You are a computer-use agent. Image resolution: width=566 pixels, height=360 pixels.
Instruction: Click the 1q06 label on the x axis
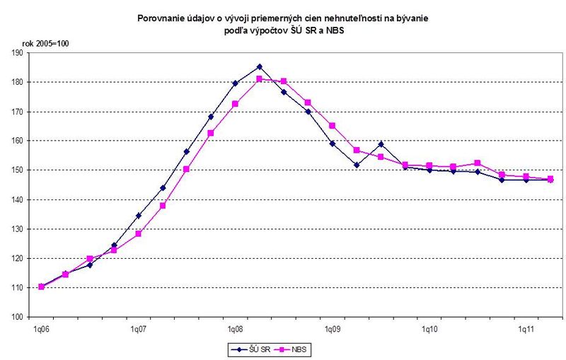click(x=41, y=330)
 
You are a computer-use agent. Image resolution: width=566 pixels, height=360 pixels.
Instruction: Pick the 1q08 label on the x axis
click(x=235, y=330)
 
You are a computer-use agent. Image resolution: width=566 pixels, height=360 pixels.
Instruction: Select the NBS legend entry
click(x=296, y=349)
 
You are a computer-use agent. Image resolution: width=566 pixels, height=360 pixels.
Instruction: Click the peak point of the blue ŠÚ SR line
click(x=260, y=66)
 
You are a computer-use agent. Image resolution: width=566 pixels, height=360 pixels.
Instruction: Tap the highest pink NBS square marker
click(x=260, y=79)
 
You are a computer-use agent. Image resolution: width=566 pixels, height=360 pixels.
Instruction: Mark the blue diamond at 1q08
click(x=235, y=83)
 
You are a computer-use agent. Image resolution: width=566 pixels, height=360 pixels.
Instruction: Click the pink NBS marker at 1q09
click(x=332, y=126)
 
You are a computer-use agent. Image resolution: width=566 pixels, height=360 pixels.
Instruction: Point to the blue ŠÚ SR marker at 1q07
click(x=139, y=216)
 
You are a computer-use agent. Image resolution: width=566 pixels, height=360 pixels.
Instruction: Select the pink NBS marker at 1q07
click(x=139, y=233)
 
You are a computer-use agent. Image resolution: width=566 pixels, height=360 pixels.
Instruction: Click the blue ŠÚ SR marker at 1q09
click(x=332, y=144)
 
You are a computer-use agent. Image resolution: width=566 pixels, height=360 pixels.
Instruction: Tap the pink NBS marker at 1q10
click(x=429, y=166)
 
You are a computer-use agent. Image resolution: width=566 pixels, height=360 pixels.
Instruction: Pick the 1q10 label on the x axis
click(x=429, y=330)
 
